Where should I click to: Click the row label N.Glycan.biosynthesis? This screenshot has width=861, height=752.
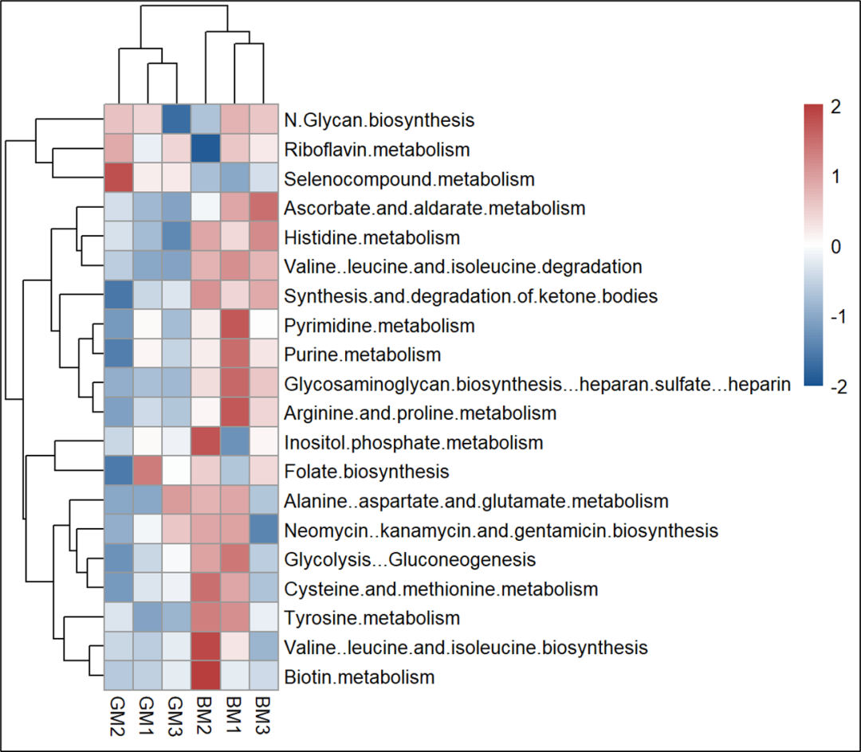click(x=379, y=120)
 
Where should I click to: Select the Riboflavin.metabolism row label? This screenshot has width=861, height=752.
click(x=376, y=149)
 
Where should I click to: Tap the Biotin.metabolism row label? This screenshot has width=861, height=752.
click(x=359, y=677)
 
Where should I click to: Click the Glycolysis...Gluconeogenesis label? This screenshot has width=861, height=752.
click(x=398, y=559)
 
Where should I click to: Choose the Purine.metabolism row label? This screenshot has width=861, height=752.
click(x=362, y=354)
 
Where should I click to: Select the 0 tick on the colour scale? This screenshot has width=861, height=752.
click(x=835, y=247)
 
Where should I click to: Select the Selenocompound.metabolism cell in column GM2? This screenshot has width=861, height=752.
click(x=119, y=178)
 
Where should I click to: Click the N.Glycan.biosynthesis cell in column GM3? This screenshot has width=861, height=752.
click(x=177, y=119)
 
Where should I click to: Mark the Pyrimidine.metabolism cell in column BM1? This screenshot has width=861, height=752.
click(x=235, y=325)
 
